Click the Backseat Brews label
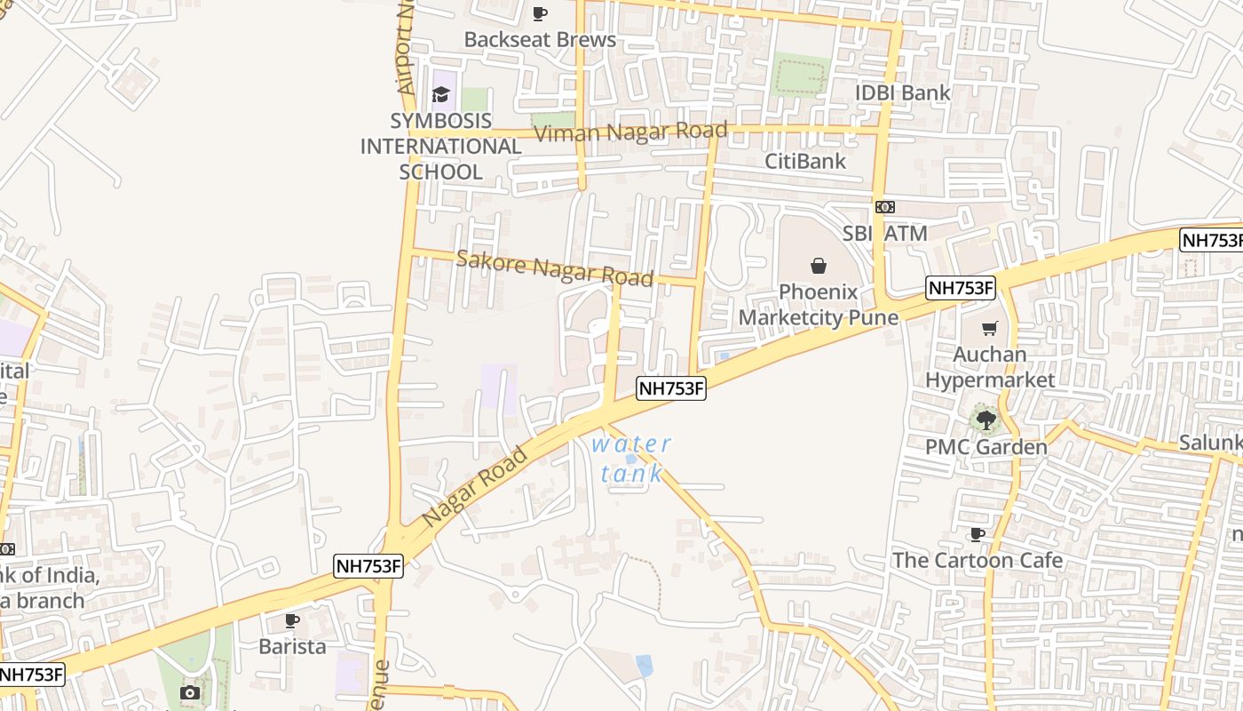[x=540, y=40]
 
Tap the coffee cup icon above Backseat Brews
[x=539, y=13]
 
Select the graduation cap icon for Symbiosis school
[x=440, y=94]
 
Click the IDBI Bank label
[x=902, y=92]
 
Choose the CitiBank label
[x=805, y=162]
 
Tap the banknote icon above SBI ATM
[x=884, y=207]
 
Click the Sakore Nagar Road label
[x=555, y=268]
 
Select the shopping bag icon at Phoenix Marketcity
[x=818, y=265]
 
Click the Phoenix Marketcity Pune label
[x=818, y=305]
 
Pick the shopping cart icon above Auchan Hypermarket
[x=990, y=328]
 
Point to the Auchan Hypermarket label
[x=990, y=367]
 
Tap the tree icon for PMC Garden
[x=985, y=419]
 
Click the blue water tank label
[x=631, y=459]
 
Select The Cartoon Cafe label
[x=977, y=561]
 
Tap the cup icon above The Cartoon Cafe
[x=977, y=534]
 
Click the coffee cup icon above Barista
[x=291, y=619]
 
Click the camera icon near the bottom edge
[x=189, y=692]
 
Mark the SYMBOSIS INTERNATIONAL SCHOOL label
[x=440, y=147]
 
